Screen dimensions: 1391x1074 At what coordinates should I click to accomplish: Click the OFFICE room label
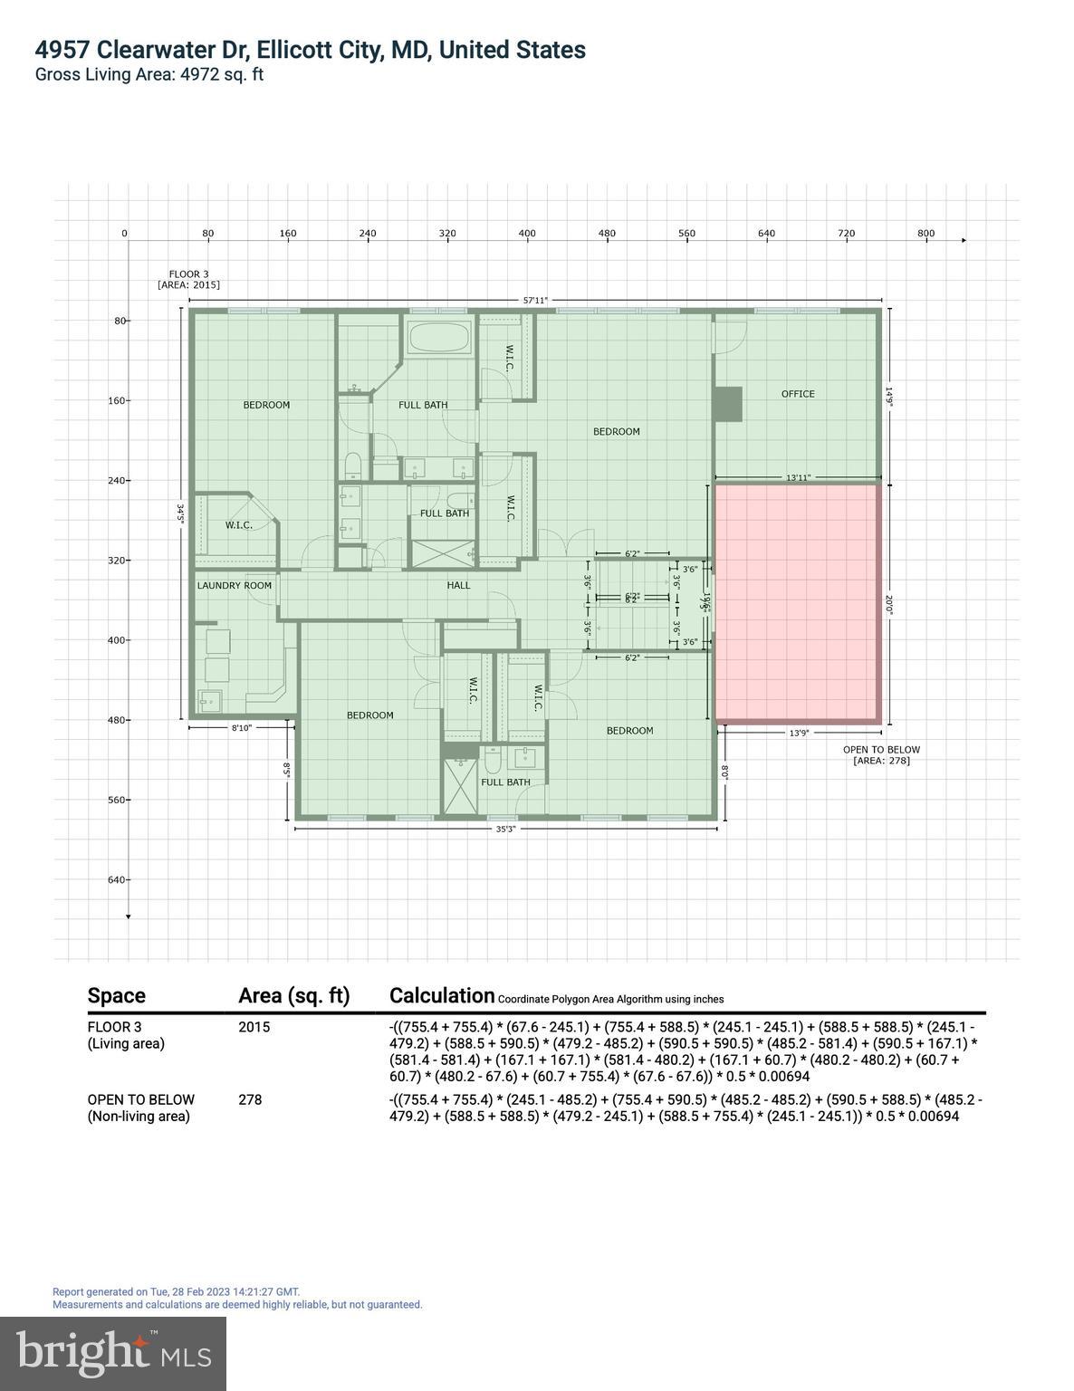(x=798, y=394)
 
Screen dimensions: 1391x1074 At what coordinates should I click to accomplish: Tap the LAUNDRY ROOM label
(x=235, y=586)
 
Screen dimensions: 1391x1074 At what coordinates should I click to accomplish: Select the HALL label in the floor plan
(x=459, y=586)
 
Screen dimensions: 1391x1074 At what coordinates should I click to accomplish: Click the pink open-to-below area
(x=797, y=602)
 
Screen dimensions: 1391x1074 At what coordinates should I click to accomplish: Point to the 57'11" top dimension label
(x=535, y=301)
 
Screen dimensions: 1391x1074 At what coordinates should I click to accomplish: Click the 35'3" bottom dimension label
(x=505, y=830)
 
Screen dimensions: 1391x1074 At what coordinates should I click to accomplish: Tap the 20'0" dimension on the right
(x=889, y=605)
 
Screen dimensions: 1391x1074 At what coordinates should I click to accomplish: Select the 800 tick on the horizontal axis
(x=925, y=234)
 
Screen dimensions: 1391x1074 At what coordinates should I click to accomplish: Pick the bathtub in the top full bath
(x=439, y=340)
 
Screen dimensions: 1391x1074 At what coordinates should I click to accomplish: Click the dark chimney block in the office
(x=727, y=404)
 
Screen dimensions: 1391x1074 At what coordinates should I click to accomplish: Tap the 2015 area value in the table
(x=254, y=1027)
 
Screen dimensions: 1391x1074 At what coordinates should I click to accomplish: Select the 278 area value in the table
(x=250, y=1099)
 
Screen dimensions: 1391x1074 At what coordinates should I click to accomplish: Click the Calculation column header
(x=442, y=995)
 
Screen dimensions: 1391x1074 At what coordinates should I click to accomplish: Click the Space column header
(x=117, y=996)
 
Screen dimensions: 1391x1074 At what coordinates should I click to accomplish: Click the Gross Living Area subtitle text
(x=149, y=74)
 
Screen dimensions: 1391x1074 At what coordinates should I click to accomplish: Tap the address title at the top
(x=311, y=50)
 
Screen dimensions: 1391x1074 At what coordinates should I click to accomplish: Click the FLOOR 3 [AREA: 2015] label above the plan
(x=188, y=280)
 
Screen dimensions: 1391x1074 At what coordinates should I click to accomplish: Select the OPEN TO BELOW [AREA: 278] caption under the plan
(x=881, y=755)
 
